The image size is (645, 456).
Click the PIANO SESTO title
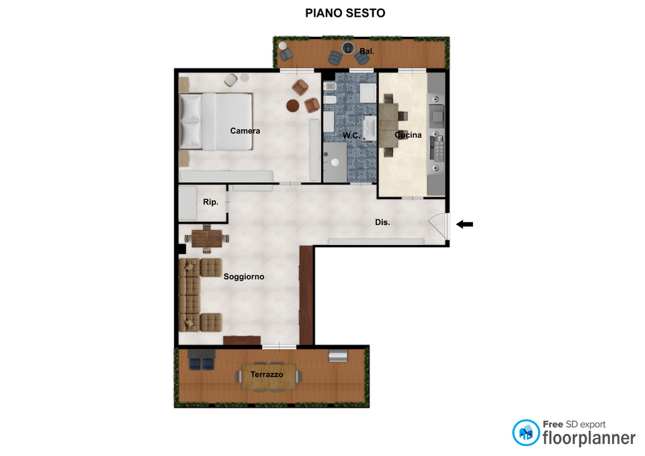(x=345, y=13)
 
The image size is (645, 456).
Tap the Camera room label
(x=245, y=131)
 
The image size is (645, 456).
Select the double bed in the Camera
(x=216, y=122)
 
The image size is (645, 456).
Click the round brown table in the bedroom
(x=293, y=105)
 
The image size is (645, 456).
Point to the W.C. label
(x=351, y=135)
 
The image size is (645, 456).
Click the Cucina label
(x=408, y=135)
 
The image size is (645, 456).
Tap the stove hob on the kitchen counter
(x=437, y=148)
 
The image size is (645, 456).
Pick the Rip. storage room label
(x=210, y=202)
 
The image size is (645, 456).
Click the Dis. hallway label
(x=382, y=222)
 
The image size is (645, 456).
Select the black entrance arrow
(x=465, y=224)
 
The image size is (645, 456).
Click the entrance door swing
(x=439, y=226)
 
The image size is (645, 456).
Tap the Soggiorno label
(x=244, y=277)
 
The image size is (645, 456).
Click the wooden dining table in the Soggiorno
(x=206, y=238)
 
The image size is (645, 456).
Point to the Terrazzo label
(x=267, y=375)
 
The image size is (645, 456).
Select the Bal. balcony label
(x=367, y=52)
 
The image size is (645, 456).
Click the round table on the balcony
(x=348, y=48)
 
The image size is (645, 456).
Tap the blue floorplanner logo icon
(x=525, y=432)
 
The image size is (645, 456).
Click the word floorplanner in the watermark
(x=589, y=439)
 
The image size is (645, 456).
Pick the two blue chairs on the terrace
(x=202, y=364)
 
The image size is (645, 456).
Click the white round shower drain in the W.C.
(x=335, y=163)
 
